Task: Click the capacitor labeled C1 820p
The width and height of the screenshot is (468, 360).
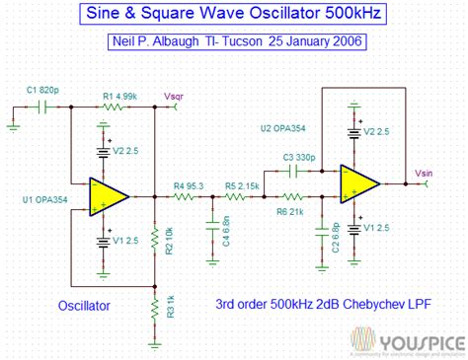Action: [x=42, y=106]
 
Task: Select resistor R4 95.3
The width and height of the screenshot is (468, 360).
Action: [x=185, y=196]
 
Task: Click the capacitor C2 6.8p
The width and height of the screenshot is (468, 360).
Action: [x=319, y=233]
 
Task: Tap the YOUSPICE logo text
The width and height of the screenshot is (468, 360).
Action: [x=412, y=338]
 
